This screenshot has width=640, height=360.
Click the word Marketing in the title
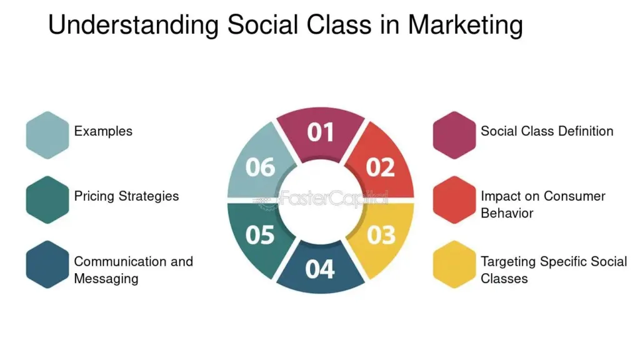click(465, 25)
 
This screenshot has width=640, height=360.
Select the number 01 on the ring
click(321, 132)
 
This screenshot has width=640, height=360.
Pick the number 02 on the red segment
click(380, 167)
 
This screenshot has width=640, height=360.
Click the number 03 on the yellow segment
click(381, 235)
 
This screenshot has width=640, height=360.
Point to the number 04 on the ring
click(319, 269)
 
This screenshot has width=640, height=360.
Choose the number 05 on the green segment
click(260, 235)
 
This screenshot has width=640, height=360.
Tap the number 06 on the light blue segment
click(261, 167)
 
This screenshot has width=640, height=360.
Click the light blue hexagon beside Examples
click(47, 135)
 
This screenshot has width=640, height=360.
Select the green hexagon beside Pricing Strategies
click(47, 200)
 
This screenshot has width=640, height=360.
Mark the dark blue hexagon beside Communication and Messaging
click(47, 264)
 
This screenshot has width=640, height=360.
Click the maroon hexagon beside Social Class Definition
click(454, 135)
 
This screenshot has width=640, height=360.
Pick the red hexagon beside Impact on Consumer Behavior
click(454, 200)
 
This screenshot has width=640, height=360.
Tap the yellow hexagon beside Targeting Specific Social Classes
click(454, 264)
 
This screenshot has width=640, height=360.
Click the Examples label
click(103, 131)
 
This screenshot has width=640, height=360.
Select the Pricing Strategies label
click(126, 196)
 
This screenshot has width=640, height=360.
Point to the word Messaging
click(106, 279)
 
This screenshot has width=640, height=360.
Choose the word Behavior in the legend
click(507, 213)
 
